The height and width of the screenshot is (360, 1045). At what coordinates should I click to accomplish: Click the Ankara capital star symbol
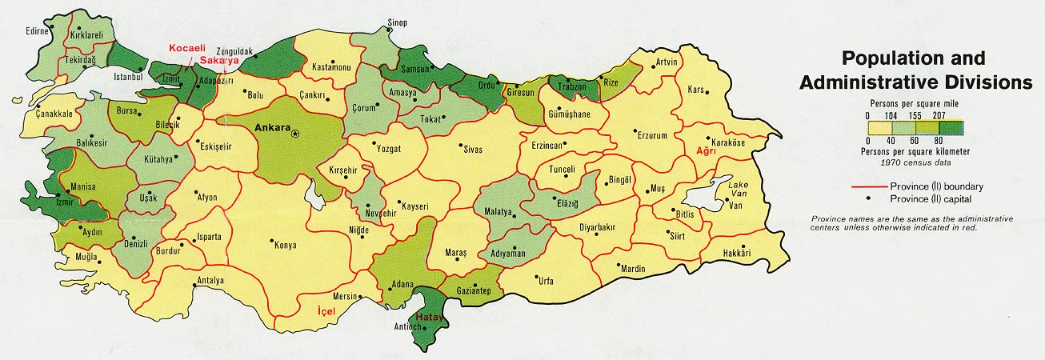294,132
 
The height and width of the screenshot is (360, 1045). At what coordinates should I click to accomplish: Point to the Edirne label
36,31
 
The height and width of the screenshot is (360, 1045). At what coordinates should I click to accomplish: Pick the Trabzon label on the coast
572,86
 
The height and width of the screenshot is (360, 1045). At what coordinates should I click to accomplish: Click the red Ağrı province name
704,150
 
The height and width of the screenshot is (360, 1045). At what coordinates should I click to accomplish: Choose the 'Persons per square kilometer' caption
915,151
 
